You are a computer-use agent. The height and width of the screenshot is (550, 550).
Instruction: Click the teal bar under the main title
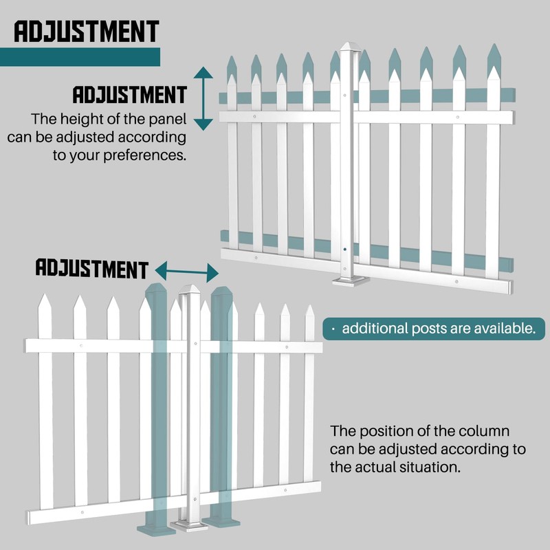click(80, 57)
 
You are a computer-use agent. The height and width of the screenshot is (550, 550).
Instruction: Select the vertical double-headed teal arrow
click(203, 99)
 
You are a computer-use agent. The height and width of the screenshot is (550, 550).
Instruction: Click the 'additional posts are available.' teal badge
click(430, 328)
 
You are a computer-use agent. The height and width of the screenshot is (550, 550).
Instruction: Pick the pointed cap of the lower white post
click(191, 289)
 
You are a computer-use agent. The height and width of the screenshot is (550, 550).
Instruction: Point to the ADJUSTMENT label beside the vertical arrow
click(129, 95)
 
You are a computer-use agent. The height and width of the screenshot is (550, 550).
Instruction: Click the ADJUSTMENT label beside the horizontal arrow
click(91, 268)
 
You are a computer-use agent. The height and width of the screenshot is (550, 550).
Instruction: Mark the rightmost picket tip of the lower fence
click(309, 311)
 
